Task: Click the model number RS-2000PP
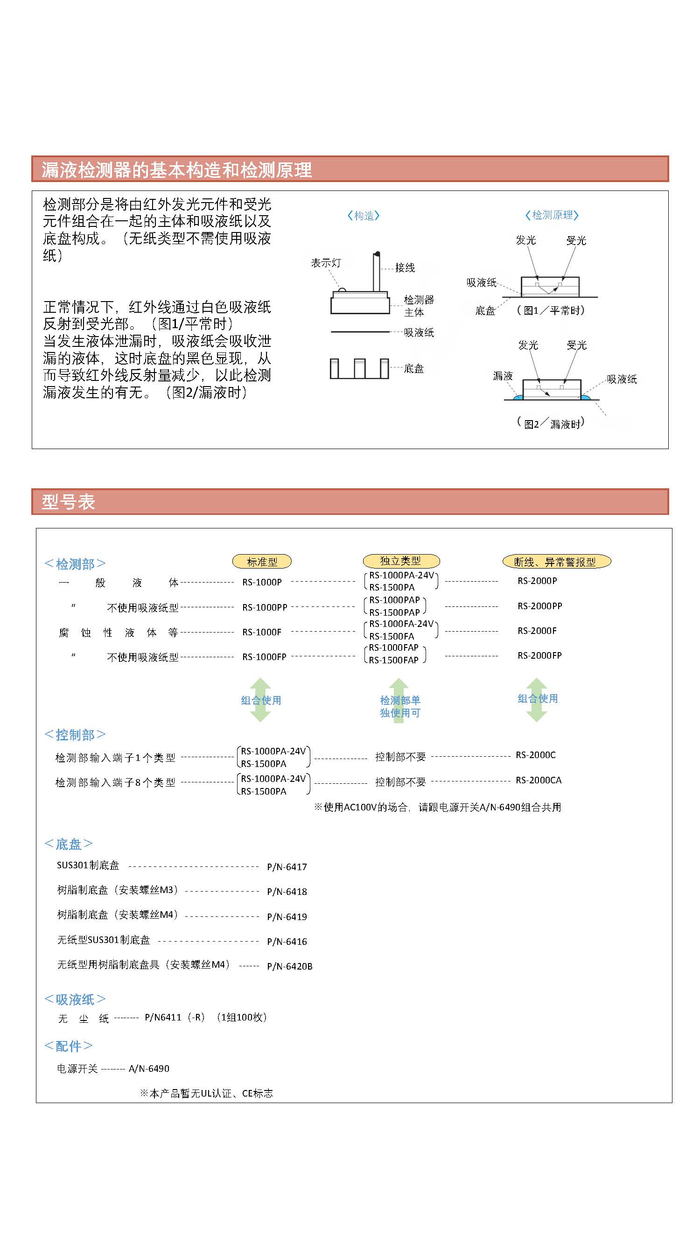[539, 606]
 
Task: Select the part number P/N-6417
[287, 867]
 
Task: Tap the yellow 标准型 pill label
[262, 562]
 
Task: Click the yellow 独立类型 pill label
[400, 561]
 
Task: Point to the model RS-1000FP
[264, 657]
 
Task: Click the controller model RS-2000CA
[538, 780]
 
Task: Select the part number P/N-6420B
[290, 966]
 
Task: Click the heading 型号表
[68, 502]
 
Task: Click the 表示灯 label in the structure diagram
[326, 263]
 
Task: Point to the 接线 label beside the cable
[405, 268]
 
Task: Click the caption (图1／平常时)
[551, 310]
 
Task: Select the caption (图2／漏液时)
[551, 424]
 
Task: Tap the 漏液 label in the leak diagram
[503, 376]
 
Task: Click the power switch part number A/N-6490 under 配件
[149, 1069]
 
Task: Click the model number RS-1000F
[262, 632]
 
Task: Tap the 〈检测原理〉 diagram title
[552, 215]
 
